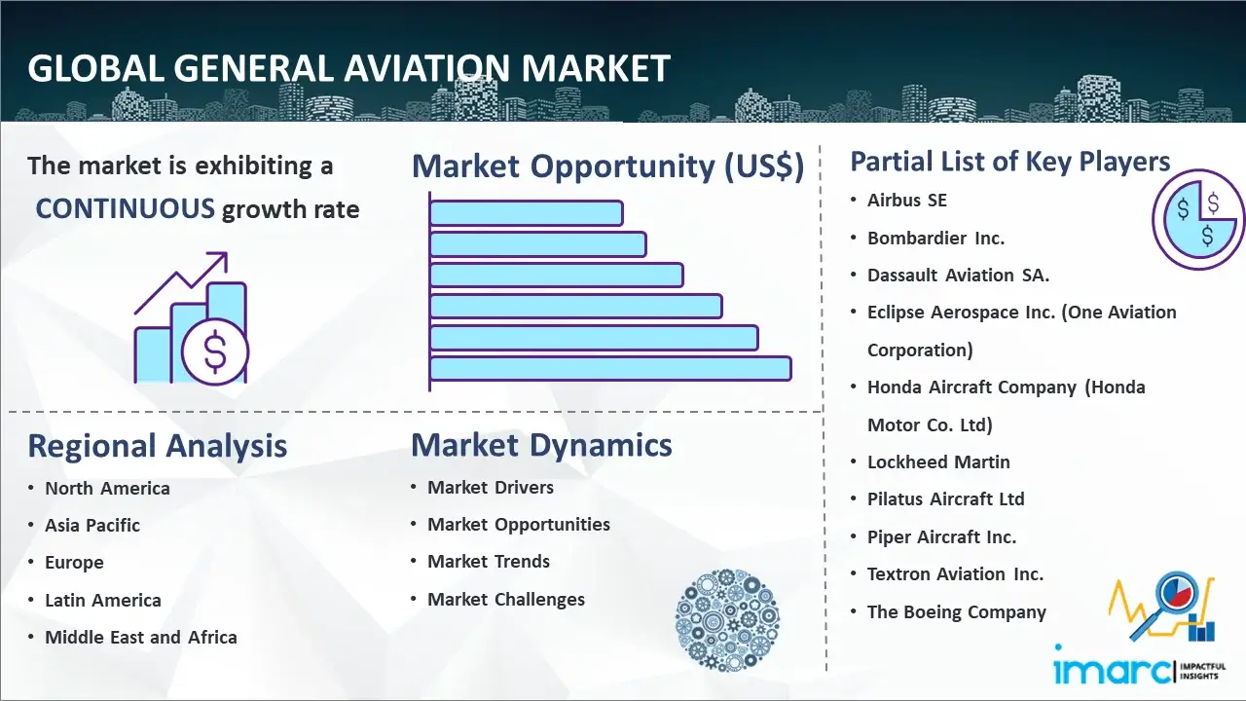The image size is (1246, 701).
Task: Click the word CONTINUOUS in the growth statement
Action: pos(126,208)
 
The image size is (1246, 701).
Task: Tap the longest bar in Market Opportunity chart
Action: pos(609,368)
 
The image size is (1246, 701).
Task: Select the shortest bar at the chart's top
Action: pos(526,212)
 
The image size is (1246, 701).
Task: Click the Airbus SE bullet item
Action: pos(907,201)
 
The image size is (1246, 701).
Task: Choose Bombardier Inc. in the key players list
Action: pos(935,238)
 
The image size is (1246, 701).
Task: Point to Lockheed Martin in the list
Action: pos(938,461)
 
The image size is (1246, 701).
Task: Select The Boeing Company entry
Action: pos(956,611)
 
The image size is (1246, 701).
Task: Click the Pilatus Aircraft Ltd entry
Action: pos(945,498)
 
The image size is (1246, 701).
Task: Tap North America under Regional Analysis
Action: pos(107,488)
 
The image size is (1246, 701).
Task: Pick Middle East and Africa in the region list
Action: pos(140,638)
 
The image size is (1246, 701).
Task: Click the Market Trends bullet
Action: pos(489,562)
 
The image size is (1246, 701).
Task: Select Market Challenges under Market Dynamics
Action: pos(506,600)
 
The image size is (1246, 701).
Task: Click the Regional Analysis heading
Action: pos(157,446)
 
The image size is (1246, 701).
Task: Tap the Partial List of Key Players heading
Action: pos(1009,161)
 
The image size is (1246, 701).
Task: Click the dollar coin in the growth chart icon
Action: pos(214,352)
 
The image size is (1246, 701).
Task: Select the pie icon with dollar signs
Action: pos(1196,220)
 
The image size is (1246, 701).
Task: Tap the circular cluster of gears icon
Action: pos(726,619)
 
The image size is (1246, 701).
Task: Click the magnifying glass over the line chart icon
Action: pos(1174,596)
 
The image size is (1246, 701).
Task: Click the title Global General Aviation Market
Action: pos(348,68)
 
